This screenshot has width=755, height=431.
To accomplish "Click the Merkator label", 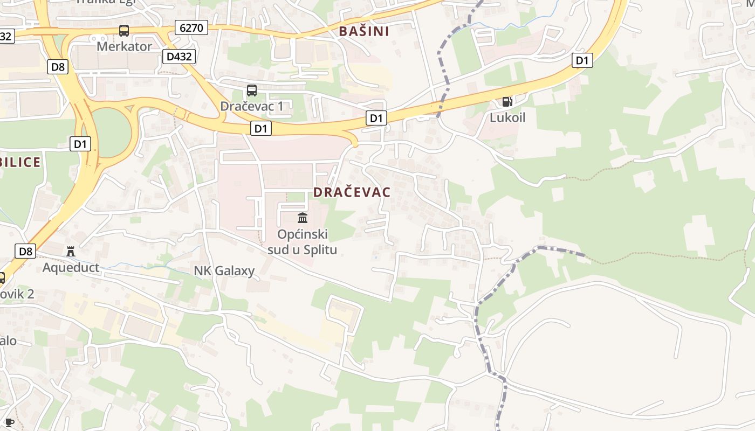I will pos(124,46).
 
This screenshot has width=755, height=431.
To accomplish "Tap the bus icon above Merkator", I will pos(124,31).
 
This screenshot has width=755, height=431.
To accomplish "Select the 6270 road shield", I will pos(191,27).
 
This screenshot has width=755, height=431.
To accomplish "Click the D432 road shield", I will pos(179,56).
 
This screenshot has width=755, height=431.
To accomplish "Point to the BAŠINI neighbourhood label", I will pos(364,31).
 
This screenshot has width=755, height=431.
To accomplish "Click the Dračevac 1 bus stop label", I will pos(252,106).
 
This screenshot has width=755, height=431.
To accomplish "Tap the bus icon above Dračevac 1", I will pos(252,91).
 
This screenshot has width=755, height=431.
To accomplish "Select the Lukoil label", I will pos(507,117).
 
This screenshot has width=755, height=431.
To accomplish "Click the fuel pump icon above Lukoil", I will pos(507,101).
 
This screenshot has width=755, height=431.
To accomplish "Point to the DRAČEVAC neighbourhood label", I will pos(352,192).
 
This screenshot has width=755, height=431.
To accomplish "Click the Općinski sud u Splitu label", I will pos(303,242).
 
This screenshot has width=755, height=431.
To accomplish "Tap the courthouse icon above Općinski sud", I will pos(303,218).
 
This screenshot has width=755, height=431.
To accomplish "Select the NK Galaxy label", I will pos(224,270).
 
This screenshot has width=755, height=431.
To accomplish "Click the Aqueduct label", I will pos(71,267).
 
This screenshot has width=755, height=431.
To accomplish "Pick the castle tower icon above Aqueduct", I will pos(70,251).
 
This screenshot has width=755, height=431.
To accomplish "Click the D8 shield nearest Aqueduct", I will pos(26,251).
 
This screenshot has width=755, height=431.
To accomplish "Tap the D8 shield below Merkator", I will pos(58,67).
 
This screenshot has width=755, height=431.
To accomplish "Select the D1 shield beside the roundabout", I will pos(80,144).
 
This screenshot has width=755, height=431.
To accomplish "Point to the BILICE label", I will pos(20,162).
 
